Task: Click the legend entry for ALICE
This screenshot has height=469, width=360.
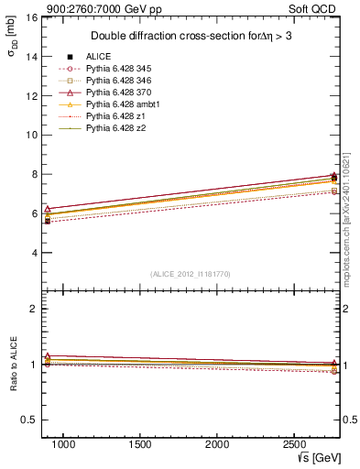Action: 98,57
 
